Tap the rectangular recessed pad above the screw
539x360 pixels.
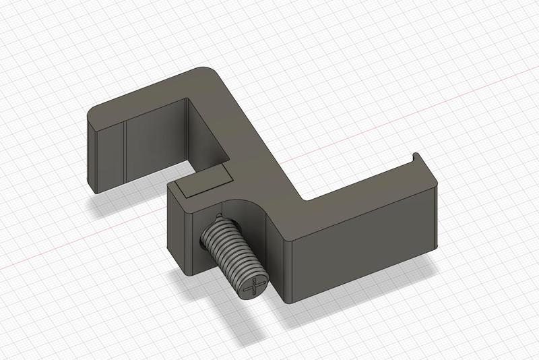click(x=205, y=183)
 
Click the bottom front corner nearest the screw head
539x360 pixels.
click(x=290, y=300)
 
